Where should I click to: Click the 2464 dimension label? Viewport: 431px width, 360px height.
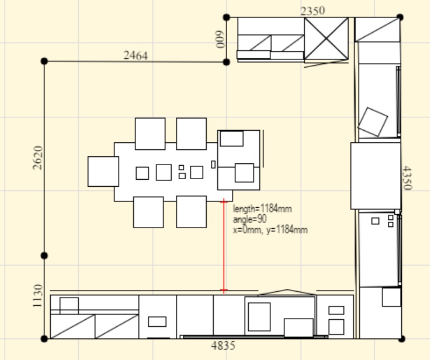(x=136, y=55)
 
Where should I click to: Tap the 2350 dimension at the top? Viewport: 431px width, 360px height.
(x=313, y=11)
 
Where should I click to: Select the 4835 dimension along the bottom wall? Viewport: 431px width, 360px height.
(x=223, y=346)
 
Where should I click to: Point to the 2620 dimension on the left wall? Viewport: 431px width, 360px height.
(x=37, y=158)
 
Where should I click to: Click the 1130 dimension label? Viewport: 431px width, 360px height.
(x=37, y=296)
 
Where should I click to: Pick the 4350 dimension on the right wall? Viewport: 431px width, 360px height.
(x=407, y=178)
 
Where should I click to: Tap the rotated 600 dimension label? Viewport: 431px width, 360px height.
(x=220, y=40)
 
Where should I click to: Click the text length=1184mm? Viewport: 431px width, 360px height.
(x=262, y=209)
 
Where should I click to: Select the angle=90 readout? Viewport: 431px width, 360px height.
(x=249, y=219)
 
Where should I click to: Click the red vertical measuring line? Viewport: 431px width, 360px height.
(x=224, y=246)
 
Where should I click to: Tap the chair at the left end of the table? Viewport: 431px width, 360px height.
(x=103, y=172)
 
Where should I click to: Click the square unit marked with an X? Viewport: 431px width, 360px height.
(x=326, y=39)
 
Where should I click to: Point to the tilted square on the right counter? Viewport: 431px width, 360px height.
(x=373, y=122)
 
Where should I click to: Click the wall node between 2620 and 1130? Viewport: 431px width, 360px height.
(x=44, y=256)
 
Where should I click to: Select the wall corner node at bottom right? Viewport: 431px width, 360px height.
(x=401, y=339)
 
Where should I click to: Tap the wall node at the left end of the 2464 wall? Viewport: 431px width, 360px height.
(x=44, y=61)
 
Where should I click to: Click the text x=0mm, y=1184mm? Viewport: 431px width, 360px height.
(x=270, y=230)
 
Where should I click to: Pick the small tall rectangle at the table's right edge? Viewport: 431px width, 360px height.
(x=213, y=165)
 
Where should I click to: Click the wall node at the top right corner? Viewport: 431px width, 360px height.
(x=400, y=18)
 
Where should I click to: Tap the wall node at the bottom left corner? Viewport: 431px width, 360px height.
(x=44, y=339)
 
